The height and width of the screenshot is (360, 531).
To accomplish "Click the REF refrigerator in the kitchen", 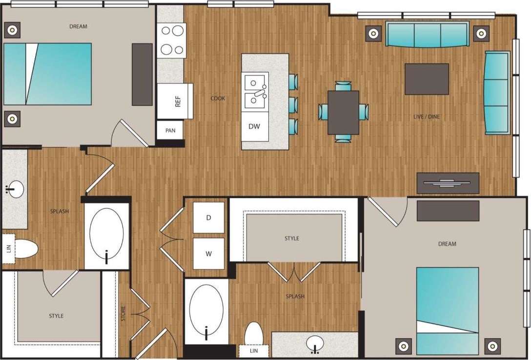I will [175, 101].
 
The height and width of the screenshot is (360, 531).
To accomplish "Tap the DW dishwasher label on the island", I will [254, 127].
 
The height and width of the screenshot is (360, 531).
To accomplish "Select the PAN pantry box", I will [170, 130].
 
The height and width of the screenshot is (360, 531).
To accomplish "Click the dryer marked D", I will [208, 217].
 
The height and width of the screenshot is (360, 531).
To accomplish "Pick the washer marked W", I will [208, 254].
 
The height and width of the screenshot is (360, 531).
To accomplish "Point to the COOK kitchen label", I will [218, 99].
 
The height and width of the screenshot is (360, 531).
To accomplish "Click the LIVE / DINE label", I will [427, 117].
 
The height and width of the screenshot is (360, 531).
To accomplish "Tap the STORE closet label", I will [123, 313].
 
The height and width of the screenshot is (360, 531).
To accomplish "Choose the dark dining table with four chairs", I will [343, 112].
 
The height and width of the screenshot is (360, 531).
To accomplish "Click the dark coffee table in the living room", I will [427, 79].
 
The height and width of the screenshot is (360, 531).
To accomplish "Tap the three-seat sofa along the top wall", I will [427, 34].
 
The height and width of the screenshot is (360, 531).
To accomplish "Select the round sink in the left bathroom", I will [15, 188].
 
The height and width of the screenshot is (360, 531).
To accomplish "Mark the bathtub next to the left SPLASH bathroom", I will [107, 236].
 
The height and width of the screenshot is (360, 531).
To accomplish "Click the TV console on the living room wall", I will [448, 183].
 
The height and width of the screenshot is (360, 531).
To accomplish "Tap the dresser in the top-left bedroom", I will [142, 74].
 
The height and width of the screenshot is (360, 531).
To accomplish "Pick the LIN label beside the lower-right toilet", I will [253, 351].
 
